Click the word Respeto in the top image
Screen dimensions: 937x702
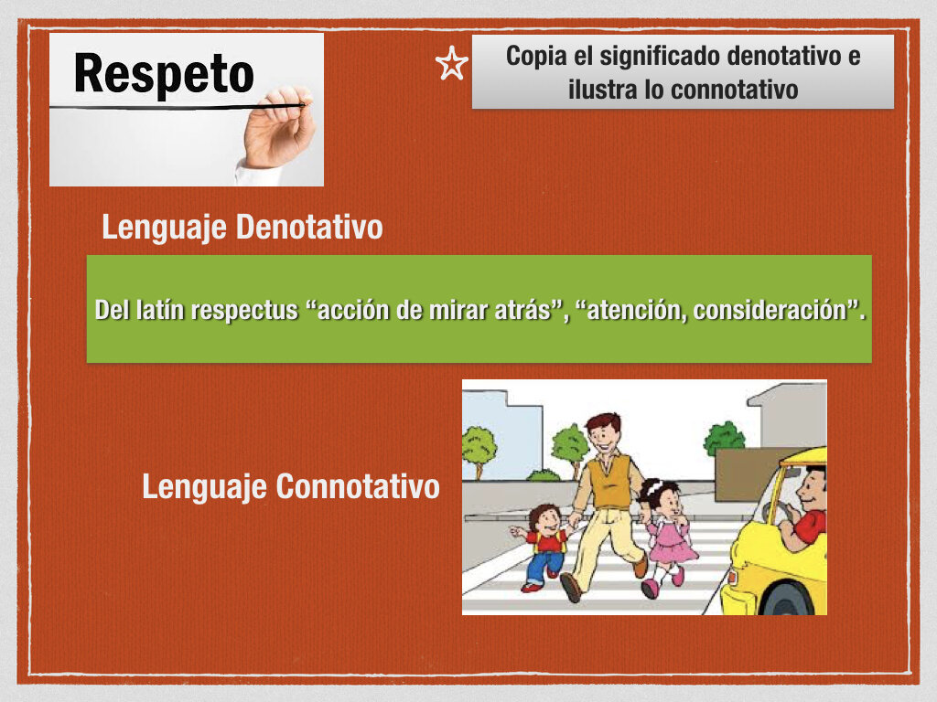pos(164,74)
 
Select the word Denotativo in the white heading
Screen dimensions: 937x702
pos(309,228)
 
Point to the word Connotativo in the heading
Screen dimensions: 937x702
pos(358,486)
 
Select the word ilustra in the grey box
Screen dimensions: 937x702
pos(602,90)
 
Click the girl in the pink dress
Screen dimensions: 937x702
pos(665,537)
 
